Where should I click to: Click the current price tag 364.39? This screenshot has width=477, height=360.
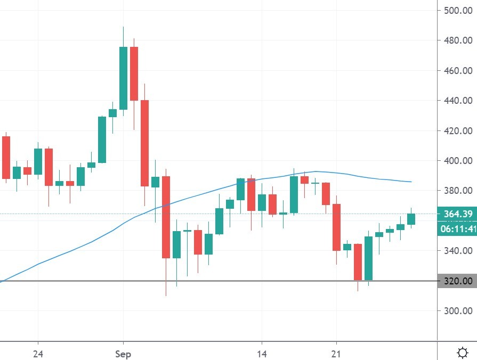click(456, 214)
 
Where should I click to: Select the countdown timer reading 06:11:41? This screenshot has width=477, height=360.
click(456, 230)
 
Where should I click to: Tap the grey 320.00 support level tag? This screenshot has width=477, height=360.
click(456, 281)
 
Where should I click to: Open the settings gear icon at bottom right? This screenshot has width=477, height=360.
click(463, 352)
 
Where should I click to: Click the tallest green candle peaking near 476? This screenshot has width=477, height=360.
click(123, 78)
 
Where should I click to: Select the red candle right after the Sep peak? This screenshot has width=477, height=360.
click(134, 73)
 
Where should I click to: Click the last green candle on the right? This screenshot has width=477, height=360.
click(411, 218)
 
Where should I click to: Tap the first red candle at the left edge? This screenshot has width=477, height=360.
click(6, 157)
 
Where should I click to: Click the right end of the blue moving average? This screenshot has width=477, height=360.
click(411, 182)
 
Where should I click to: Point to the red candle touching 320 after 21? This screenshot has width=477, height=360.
click(358, 262)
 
